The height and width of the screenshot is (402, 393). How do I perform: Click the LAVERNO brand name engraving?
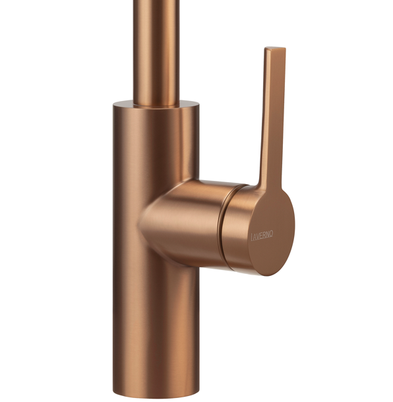[x=262, y=236]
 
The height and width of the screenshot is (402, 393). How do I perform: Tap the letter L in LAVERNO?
[x=253, y=237]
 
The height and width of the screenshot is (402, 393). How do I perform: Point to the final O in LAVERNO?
[x=271, y=234]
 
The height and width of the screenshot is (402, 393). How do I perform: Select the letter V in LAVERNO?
[x=259, y=236]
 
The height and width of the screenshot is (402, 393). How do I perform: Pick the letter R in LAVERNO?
[x=264, y=235]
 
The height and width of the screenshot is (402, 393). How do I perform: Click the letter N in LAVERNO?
[x=268, y=234]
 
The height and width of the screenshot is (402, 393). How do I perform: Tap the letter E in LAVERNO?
[x=262, y=236]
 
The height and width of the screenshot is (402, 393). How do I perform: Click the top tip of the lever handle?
[x=275, y=48]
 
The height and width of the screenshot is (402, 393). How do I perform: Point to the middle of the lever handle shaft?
[x=273, y=116]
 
